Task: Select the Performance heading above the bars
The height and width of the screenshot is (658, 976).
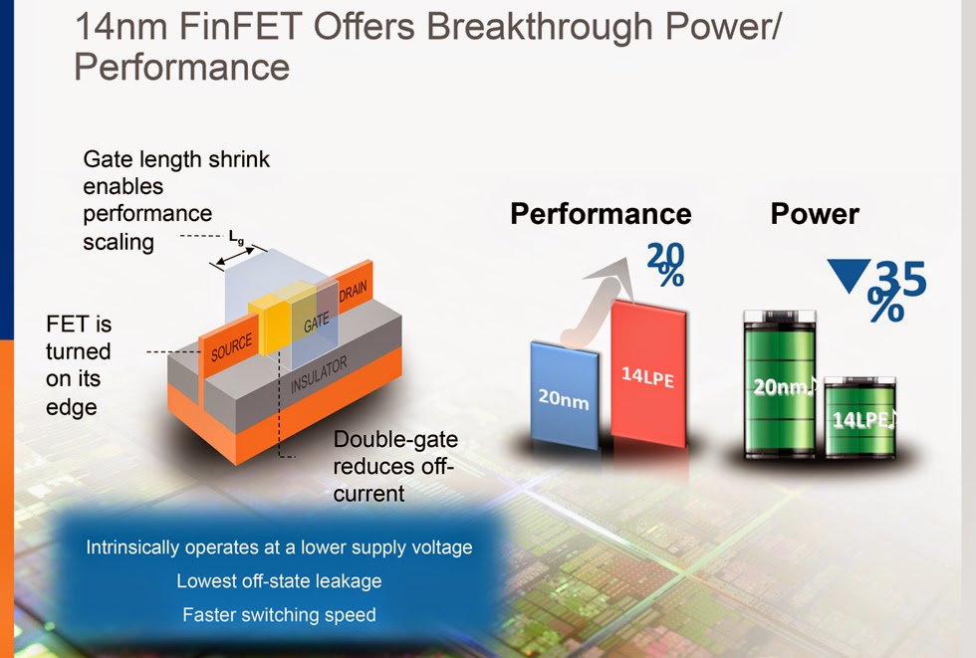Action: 601,214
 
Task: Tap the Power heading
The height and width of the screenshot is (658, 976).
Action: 815,214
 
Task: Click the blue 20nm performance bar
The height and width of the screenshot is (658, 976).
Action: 565,395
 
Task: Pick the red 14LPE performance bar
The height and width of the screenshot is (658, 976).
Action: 648,374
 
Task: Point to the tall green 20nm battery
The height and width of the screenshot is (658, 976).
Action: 779,383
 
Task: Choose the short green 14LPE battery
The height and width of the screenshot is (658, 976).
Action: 860,417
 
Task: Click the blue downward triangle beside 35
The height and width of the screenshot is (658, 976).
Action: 849,275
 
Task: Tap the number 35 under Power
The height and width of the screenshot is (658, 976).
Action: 901,279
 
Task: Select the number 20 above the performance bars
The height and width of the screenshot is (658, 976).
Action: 665,255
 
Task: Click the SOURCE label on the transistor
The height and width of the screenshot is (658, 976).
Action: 231,347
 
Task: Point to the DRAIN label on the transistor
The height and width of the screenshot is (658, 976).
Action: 353,291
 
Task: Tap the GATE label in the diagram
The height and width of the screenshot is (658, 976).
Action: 317,323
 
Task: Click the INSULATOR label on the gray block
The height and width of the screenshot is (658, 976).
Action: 319,375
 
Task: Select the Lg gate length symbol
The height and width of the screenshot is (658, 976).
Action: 236,237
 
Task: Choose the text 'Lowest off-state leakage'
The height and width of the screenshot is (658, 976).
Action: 279,581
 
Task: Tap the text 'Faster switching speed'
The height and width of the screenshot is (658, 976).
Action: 279,614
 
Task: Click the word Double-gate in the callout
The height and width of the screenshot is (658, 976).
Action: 396,440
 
